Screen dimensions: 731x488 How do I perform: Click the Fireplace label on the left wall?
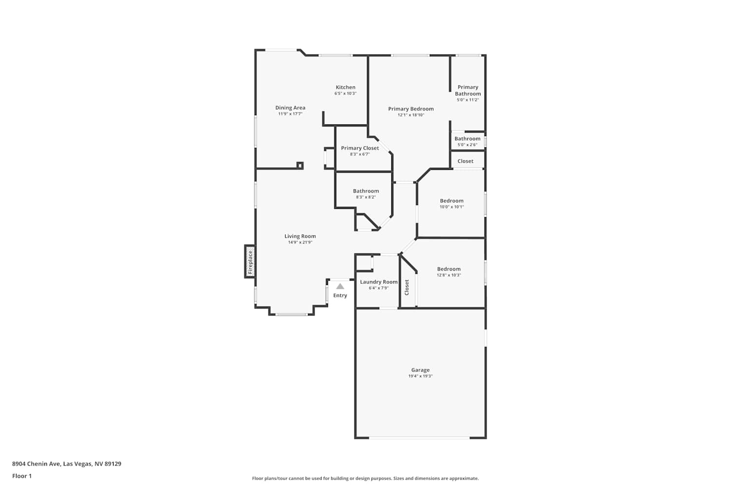coord(250,262)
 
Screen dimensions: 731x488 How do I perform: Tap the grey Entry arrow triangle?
coord(340,286)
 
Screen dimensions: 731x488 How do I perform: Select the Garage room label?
coord(420,370)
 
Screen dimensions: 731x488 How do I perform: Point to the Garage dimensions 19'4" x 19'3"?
coord(420,376)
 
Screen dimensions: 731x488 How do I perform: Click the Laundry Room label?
coord(379,282)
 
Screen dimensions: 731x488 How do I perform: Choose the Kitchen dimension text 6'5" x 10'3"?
coord(346,94)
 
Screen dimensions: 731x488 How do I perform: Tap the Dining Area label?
coord(290,107)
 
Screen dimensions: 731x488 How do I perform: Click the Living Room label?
coord(300,236)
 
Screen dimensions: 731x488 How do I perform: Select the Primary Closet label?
coord(360,148)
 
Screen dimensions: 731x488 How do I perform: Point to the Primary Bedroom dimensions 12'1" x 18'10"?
coord(411,115)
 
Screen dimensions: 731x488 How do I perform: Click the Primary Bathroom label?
coord(468,90)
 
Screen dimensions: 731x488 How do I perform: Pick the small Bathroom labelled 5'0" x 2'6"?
coord(467,139)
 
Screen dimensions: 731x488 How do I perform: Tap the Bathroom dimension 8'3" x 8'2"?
coord(366,197)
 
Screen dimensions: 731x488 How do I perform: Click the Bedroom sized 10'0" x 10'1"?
coord(452,201)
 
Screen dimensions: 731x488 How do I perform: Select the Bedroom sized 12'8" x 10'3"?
coord(449,269)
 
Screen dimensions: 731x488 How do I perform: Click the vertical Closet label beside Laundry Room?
coord(406,287)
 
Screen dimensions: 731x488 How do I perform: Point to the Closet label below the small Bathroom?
coord(465,161)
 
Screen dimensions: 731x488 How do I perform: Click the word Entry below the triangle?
coord(340,295)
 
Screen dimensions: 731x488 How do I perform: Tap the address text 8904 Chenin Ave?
coord(36,464)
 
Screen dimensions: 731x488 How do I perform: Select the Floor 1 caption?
coord(22,476)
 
